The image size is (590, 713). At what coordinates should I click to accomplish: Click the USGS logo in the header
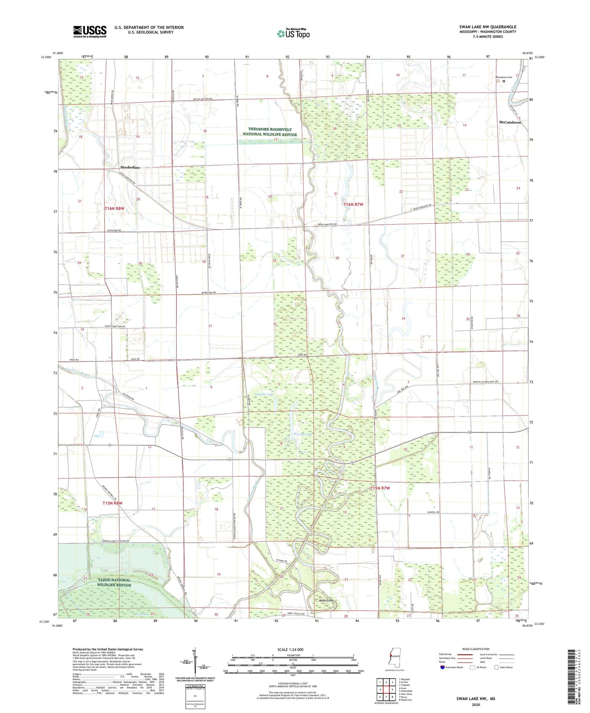(x=90, y=31)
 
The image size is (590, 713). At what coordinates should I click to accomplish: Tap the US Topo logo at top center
(x=293, y=33)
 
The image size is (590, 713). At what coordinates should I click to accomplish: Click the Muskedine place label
(x=130, y=168)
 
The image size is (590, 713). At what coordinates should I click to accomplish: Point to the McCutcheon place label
(x=510, y=122)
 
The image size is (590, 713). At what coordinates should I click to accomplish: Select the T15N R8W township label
(x=112, y=503)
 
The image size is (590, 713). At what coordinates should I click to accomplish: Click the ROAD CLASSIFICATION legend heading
(x=476, y=649)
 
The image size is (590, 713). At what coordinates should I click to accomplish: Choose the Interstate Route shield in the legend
(x=442, y=667)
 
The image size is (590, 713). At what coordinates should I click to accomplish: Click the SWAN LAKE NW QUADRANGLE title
(x=488, y=27)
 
